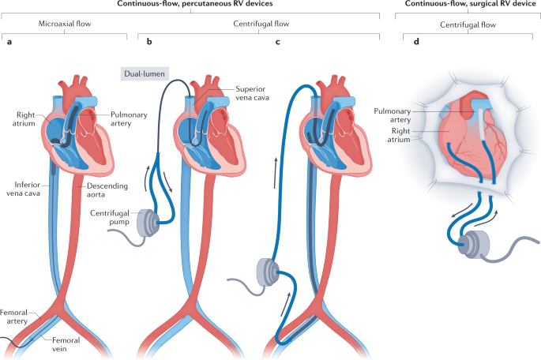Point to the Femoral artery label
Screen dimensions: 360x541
tap(17, 317)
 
